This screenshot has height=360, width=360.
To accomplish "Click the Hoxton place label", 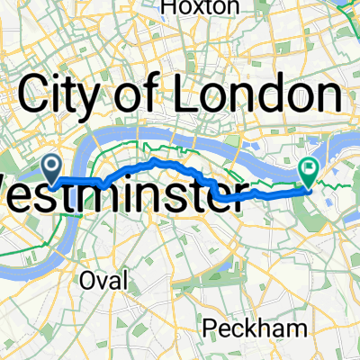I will (201, 8).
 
